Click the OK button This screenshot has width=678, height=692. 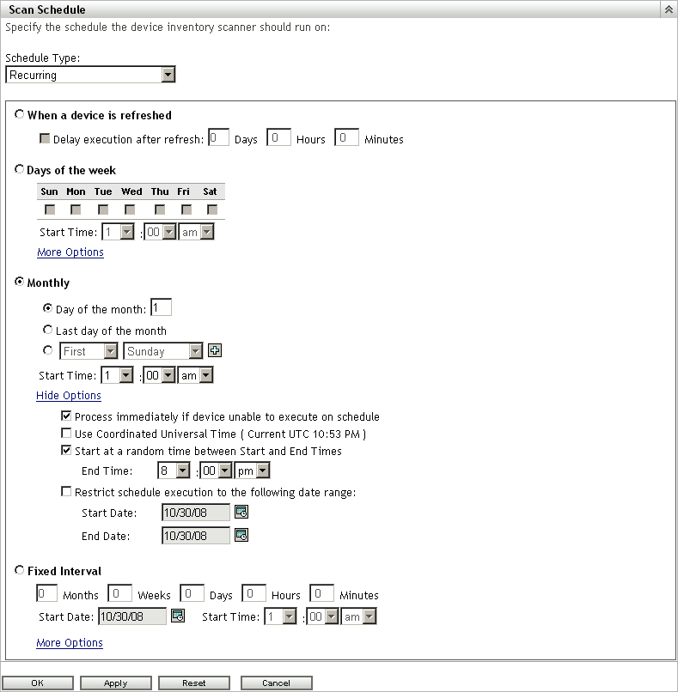tap(38, 683)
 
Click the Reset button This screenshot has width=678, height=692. tap(194, 683)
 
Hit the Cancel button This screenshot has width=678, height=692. tap(276, 683)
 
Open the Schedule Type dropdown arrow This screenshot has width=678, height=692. tap(168, 75)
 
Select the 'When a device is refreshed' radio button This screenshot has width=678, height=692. tap(20, 114)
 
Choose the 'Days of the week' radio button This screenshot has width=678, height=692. tap(20, 169)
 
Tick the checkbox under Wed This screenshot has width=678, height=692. tap(130, 209)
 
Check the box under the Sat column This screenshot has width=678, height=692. tap(212, 209)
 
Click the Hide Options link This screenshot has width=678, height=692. tap(69, 396)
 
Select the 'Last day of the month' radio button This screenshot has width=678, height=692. tap(48, 330)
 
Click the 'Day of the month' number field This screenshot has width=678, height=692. tap(162, 307)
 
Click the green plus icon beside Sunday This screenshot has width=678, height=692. tap(215, 350)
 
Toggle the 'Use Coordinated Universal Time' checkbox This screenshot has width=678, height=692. tap(66, 433)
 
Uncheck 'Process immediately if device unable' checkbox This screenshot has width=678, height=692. tap(66, 416)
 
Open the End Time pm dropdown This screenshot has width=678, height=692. tap(263, 470)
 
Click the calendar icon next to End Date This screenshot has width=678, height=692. tap(241, 535)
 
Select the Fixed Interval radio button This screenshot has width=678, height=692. tap(20, 570)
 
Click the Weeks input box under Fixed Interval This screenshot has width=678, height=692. tap(119, 593)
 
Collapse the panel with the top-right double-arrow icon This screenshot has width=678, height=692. tap(669, 9)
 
